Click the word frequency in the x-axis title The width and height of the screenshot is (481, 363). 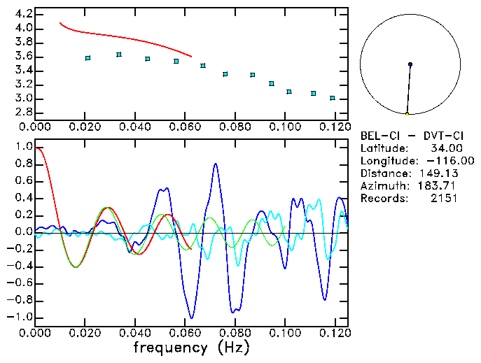tap(166, 348)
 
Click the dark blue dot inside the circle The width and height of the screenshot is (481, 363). tap(410, 64)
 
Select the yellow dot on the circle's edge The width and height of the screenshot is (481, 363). tap(407, 114)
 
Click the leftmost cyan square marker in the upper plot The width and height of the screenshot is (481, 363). tap(88, 58)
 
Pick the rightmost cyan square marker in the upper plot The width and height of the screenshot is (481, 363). tap(333, 98)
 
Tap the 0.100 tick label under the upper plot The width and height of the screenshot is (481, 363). tap(284, 127)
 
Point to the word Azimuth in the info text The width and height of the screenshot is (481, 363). tap(382, 186)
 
